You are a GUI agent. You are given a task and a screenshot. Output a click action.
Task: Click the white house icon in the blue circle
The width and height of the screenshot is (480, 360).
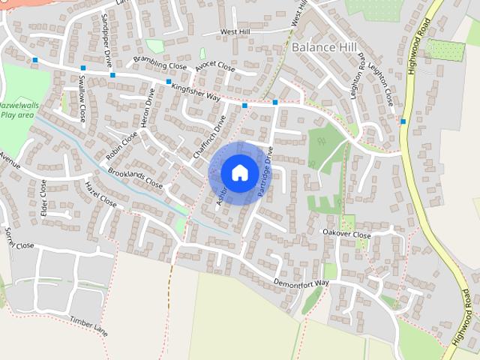[239, 172]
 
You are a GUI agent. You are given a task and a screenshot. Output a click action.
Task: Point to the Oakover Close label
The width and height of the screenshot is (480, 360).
[346, 235]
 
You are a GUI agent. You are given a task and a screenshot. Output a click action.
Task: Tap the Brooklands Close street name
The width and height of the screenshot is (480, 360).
[135, 178]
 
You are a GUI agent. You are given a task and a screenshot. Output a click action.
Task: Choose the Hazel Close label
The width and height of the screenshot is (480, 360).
[100, 193]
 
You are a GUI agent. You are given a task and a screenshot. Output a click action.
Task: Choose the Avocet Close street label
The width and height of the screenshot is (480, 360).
[215, 68]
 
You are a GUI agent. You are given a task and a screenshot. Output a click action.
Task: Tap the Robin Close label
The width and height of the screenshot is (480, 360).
[122, 146]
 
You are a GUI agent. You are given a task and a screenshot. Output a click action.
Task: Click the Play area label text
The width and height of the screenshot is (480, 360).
[16, 115]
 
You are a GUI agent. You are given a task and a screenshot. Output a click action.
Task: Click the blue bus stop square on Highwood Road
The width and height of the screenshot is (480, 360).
[403, 121]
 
